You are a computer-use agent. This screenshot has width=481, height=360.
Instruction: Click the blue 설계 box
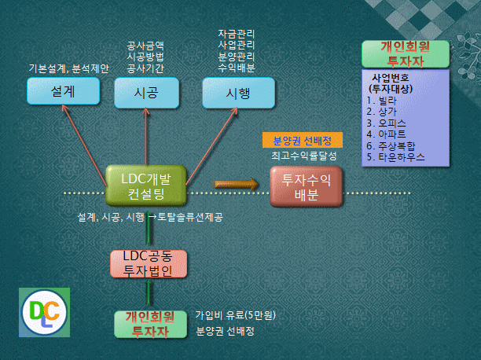tap(63, 91)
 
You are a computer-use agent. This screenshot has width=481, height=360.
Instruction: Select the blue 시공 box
tap(146, 93)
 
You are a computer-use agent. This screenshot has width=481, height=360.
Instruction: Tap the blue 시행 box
tap(238, 93)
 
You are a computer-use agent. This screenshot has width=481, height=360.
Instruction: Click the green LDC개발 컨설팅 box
tap(146, 186)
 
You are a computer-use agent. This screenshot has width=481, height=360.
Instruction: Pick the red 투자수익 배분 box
tap(307, 186)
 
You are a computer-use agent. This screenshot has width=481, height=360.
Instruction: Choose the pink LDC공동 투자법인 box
tap(149, 264)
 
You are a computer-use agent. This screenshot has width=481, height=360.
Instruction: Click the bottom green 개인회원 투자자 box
tap(150, 324)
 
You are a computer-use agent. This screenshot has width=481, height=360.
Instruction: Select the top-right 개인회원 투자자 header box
tap(406, 54)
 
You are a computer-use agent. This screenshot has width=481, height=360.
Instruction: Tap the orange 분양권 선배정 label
tap(303, 140)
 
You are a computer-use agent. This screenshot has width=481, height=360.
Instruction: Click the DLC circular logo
tap(45, 312)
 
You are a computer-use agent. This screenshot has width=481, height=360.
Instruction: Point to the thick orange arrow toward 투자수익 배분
tap(236, 184)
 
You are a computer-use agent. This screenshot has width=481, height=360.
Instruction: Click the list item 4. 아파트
tap(386, 134)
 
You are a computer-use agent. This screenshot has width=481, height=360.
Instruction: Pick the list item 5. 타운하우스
tap(395, 157)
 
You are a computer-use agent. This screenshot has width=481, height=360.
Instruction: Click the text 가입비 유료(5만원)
tap(236, 315)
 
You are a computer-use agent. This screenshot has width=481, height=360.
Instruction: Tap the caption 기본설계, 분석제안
tap(68, 68)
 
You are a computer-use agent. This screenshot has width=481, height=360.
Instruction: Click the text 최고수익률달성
tap(303, 156)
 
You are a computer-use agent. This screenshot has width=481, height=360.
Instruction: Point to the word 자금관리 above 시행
tap(237, 34)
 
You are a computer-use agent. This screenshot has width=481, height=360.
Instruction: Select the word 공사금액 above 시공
tap(145, 46)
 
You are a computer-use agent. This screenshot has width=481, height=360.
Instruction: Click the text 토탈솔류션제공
tap(190, 217)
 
